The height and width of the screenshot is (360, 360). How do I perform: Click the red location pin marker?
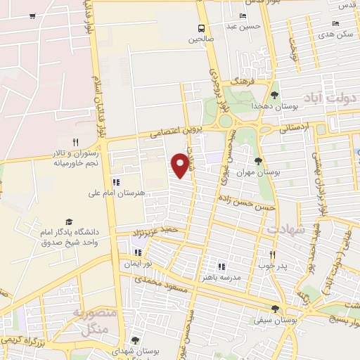tap(181, 164)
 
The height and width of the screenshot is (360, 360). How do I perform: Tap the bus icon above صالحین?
tap(202, 28)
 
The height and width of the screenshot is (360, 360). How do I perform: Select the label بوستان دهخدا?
tap(276, 105)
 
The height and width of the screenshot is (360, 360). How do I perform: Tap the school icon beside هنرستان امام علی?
tap(115, 183)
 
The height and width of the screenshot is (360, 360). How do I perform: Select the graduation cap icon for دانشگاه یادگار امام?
tap(69, 221)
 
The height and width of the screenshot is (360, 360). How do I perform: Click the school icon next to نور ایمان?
tap(138, 252)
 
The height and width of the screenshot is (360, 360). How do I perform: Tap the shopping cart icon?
tap(33, 15)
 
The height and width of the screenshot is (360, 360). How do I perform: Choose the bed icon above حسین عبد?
tap(243, 15)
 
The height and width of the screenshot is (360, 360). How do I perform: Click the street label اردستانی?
tap(293, 129)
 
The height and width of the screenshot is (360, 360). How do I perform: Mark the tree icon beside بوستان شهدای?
tap(135, 340)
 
